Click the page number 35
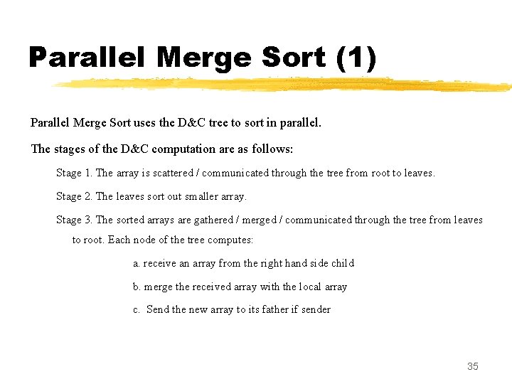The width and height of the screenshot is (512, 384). pos(473,366)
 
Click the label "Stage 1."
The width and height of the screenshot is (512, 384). pos(74,173)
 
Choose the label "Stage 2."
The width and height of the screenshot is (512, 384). pos(74,196)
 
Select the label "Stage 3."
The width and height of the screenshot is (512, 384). pos(74,220)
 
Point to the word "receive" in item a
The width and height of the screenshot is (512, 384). pos(159,263)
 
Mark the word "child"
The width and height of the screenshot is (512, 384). pos(342,263)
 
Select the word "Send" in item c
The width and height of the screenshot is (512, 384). pos(157,309)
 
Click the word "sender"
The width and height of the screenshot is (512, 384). pos(316,309)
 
